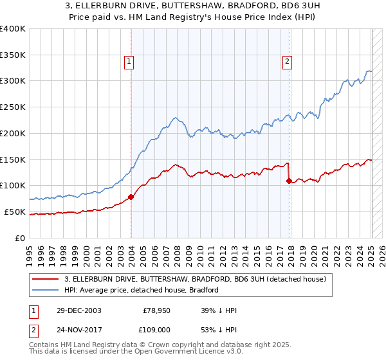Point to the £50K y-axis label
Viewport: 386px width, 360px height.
click(14, 212)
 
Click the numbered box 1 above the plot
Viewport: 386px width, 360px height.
click(129, 62)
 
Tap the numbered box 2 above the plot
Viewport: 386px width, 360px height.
click(287, 62)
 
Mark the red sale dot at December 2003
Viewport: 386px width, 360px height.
click(131, 197)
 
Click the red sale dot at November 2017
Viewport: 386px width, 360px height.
click(289, 181)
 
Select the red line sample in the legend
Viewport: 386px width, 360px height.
click(46, 279)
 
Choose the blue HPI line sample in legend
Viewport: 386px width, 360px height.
click(46, 290)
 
